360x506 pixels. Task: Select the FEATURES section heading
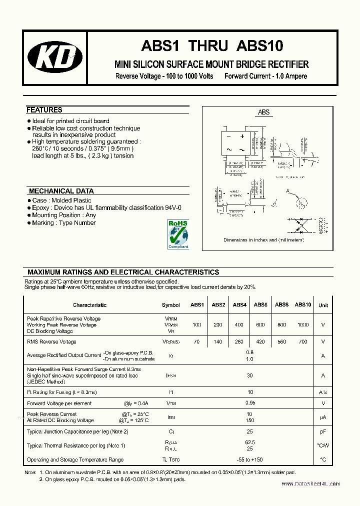44,110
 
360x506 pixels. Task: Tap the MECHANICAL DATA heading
61,191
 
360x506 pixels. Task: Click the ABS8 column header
281,304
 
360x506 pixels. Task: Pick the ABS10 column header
302,304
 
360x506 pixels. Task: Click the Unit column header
323,305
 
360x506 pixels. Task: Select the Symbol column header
171,305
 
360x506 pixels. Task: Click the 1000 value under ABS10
302,325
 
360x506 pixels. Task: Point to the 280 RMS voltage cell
239,342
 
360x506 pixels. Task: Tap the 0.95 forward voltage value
250,403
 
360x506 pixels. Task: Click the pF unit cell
323,431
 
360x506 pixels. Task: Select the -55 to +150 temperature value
250,459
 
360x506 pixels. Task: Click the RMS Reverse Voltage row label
51,342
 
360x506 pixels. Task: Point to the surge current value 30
250,375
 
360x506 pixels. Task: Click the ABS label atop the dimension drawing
263,112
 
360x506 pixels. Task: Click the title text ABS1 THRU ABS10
212,45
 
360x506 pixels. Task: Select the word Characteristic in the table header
89,305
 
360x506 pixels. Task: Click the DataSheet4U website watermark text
310,484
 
